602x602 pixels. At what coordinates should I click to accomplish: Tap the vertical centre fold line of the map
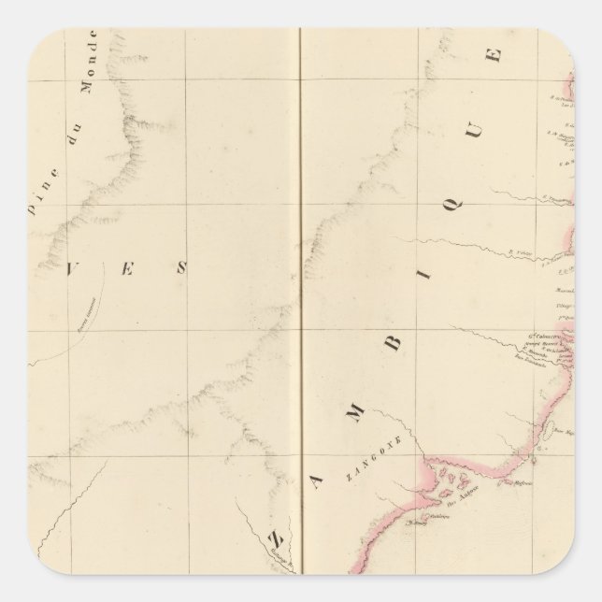(298, 280)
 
